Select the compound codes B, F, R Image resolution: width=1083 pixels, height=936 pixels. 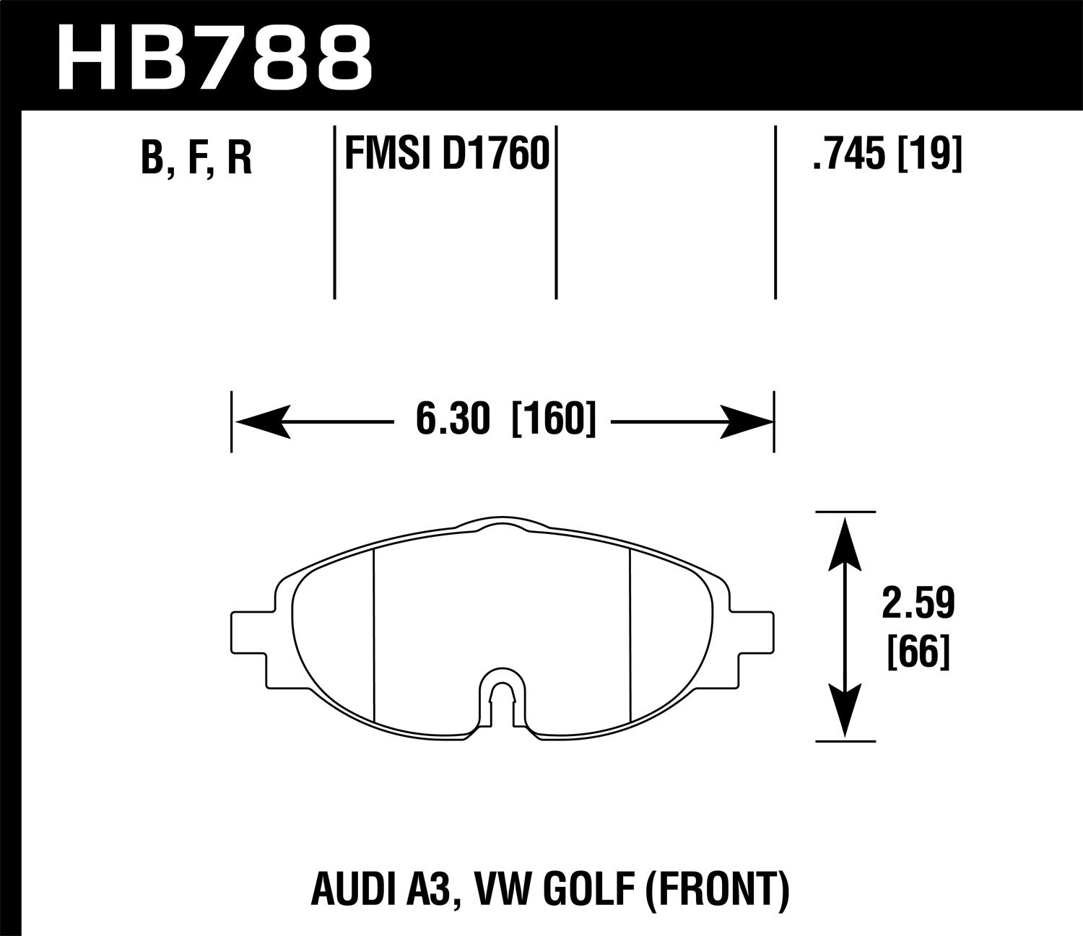[x=196, y=158]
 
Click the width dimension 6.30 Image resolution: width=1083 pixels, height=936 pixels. [x=453, y=420]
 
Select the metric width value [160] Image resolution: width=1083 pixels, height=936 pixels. [x=553, y=420]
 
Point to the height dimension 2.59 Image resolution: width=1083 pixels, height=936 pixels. [x=918, y=604]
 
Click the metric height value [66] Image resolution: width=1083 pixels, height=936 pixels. [x=918, y=653]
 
